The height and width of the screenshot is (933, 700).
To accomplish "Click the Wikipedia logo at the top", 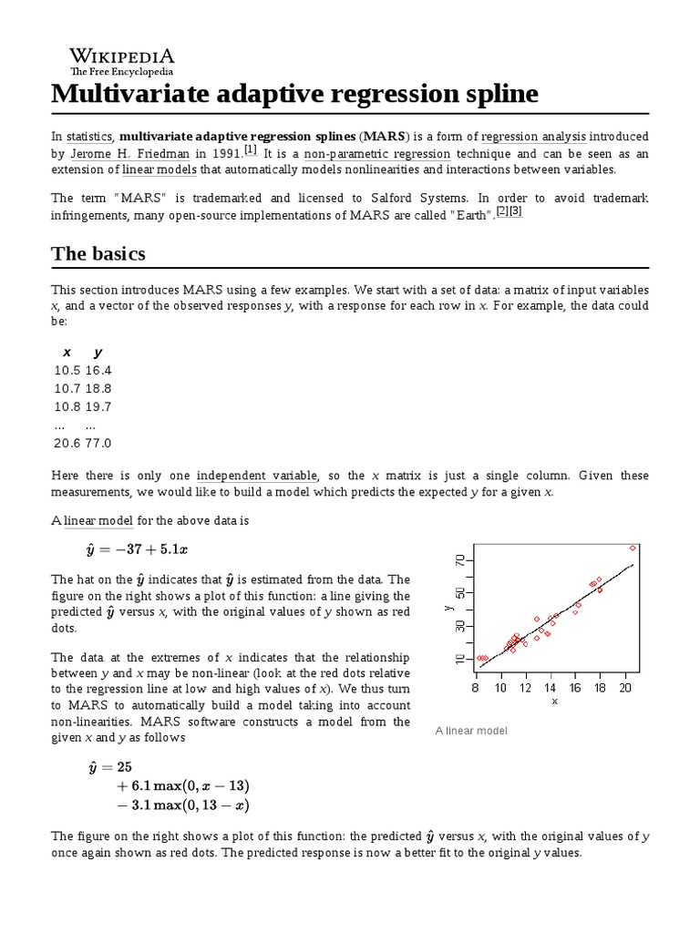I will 122,60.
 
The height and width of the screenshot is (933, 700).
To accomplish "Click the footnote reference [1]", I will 251,150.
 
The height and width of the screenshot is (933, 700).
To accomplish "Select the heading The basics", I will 98,253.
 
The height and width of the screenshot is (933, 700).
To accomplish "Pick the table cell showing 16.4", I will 98,370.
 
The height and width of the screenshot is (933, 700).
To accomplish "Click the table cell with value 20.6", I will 67,443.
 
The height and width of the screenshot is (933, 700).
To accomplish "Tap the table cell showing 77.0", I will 98,443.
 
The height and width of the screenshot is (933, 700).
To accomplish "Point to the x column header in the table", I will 67,352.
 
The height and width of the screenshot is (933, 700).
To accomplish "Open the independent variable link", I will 256,476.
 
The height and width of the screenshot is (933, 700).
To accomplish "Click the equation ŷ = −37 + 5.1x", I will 137,549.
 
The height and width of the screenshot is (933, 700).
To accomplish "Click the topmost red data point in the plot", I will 633,548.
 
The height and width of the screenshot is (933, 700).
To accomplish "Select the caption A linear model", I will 471,731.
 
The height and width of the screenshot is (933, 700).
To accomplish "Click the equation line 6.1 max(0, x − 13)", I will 182,786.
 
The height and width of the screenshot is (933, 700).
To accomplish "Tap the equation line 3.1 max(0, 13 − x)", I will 182,805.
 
